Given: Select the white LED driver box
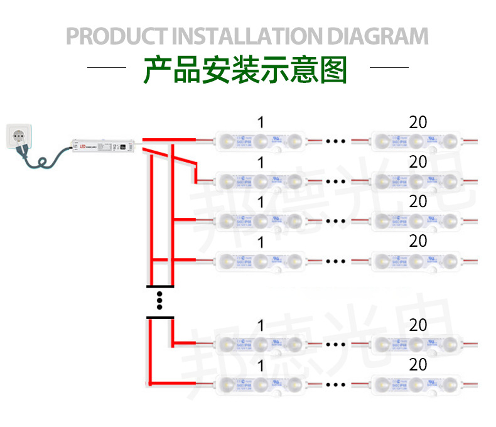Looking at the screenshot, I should (102, 146).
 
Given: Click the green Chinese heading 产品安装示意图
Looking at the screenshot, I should (245, 70).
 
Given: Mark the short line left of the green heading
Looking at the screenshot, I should (106, 67).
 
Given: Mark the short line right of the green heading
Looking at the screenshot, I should (389, 67).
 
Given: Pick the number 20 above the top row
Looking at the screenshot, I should (418, 122).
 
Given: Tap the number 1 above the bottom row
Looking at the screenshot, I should (261, 365).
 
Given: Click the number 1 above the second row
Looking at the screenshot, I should (261, 163).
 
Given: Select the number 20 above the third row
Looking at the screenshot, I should (418, 202).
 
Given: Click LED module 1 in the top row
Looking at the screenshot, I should (261, 141).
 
